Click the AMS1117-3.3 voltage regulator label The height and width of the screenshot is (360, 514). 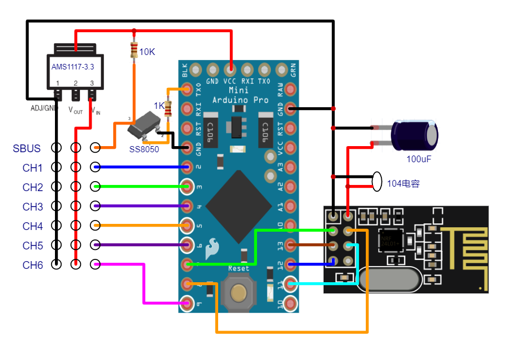[x=73, y=67]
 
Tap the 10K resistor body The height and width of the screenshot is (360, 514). [x=134, y=51]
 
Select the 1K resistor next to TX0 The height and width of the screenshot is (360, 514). [x=169, y=108]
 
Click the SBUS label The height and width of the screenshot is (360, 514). [x=27, y=148]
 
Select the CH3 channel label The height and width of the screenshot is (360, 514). [x=33, y=207]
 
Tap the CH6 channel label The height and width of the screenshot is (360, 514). [x=33, y=265]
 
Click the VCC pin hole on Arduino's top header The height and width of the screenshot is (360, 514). [x=230, y=69]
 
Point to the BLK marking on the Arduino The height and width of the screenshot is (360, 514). [x=185, y=70]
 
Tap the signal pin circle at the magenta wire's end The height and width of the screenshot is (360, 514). [x=95, y=265]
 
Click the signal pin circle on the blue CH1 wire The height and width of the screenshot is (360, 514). [x=95, y=167]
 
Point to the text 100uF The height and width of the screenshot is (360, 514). [x=419, y=159]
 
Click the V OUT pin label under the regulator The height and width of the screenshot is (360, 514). [x=75, y=110]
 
